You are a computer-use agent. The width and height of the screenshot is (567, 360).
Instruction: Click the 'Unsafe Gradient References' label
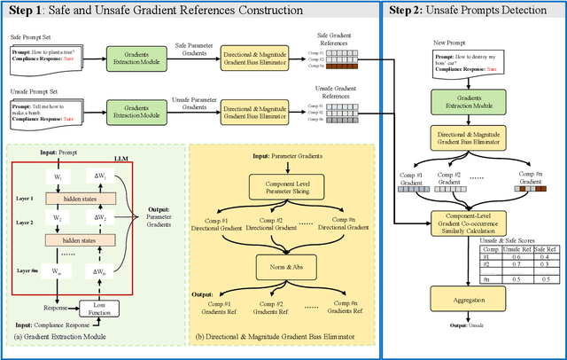click(331, 91)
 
